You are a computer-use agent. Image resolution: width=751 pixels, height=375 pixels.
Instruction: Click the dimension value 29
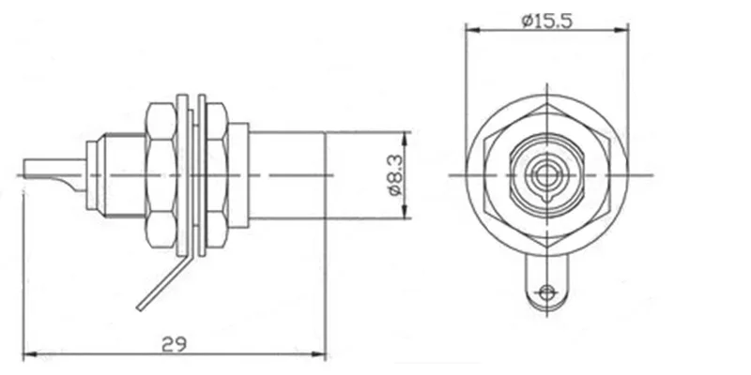(x=173, y=343)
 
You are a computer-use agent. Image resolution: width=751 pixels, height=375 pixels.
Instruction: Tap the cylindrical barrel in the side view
(x=286, y=175)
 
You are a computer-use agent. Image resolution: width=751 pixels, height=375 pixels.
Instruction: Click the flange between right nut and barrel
(x=240, y=175)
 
